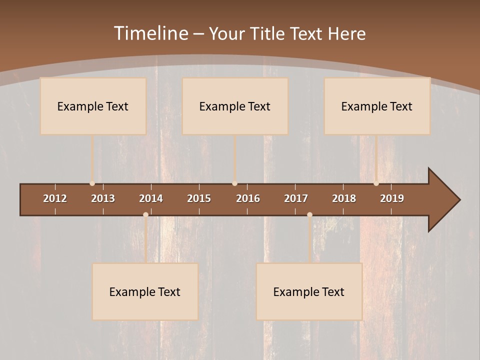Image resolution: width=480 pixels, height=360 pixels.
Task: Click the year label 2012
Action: pos(55,198)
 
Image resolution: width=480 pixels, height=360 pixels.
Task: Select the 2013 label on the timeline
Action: pos(103,198)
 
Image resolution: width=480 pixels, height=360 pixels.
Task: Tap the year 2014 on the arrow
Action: pos(151,198)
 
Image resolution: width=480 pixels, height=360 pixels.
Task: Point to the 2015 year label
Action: pos(199,198)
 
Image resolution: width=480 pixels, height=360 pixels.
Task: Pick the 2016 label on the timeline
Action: pos(248,198)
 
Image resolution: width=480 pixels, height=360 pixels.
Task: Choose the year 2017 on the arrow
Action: pos(296,198)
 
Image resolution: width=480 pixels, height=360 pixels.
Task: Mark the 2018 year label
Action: pos(344,198)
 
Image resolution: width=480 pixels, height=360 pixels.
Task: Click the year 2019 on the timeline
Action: pos(392,198)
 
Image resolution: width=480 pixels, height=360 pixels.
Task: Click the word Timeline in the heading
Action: pos(150,33)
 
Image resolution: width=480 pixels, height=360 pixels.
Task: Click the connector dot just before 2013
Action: pos(92,183)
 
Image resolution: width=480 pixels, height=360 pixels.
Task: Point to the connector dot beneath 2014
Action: pos(145,214)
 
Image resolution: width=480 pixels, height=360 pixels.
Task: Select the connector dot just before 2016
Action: pos(234,183)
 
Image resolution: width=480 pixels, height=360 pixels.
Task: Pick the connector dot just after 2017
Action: pos(309,214)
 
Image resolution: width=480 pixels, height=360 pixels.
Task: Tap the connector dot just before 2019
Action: pos(376,183)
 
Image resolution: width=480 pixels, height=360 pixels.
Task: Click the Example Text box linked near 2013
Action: pos(93,106)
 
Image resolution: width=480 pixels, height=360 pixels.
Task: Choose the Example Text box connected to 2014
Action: pos(145,291)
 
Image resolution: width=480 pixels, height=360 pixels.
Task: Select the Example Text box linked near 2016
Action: pos(235,106)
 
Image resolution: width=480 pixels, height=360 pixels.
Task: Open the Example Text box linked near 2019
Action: pos(377,106)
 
